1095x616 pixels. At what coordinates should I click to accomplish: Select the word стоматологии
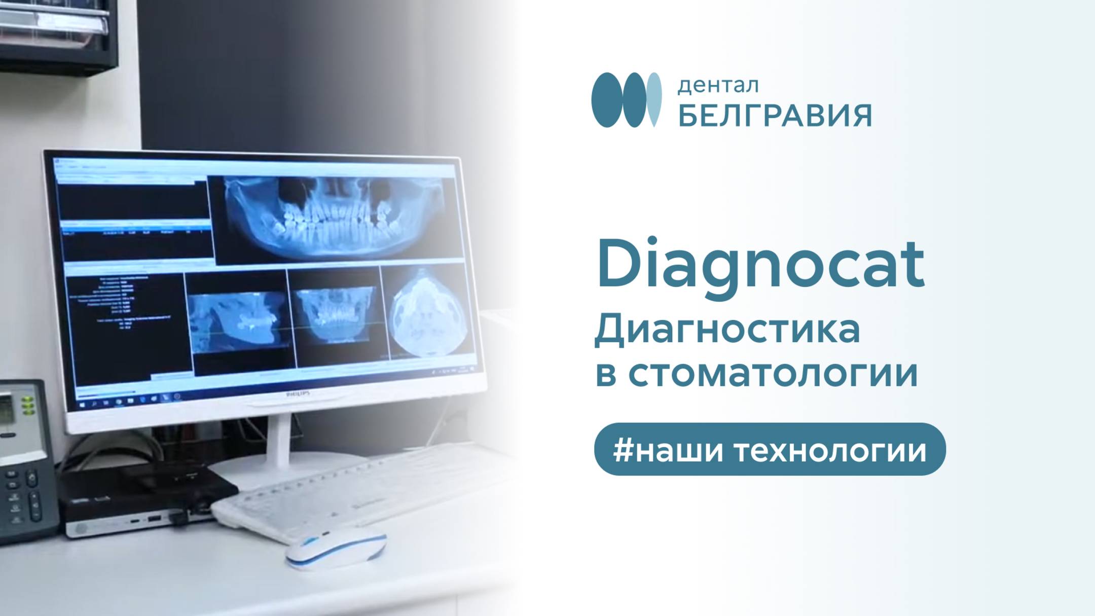pyautogui.click(x=773, y=374)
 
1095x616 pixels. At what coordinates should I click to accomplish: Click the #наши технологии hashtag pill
pyautogui.click(x=770, y=449)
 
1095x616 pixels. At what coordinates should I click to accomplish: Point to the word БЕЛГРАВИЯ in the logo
pyautogui.click(x=775, y=116)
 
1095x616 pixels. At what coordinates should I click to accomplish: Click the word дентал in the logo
pyautogui.click(x=718, y=85)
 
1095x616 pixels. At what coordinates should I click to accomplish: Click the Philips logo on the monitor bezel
pyautogui.click(x=298, y=393)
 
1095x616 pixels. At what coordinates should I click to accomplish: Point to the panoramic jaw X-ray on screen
pyautogui.click(x=332, y=218)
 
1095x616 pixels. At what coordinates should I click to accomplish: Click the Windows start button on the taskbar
pyautogui.click(x=83, y=405)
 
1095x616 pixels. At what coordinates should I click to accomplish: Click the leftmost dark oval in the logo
pyautogui.click(x=606, y=99)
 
